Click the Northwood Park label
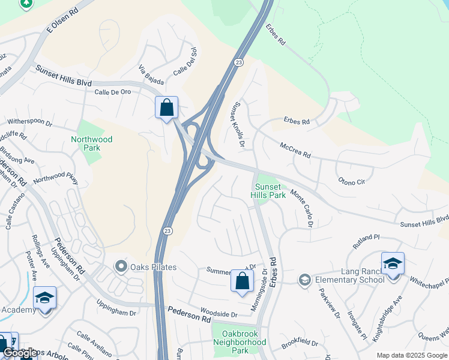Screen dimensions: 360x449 [91, 144]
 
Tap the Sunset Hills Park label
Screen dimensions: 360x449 [268, 191]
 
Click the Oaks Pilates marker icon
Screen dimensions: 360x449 [122, 266]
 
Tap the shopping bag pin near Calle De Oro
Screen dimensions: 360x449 [166, 109]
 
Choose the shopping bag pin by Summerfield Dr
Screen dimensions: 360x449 [242, 281]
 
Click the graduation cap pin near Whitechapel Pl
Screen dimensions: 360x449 [393, 264]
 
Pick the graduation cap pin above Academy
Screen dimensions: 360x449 [44, 298]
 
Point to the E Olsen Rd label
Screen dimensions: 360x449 [62, 20]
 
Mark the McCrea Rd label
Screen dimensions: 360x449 [294, 150]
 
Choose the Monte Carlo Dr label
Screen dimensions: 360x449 [303, 208]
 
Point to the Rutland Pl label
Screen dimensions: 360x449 [367, 241]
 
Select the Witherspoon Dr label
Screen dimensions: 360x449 [30, 122]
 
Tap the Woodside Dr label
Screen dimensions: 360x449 [219, 314]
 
